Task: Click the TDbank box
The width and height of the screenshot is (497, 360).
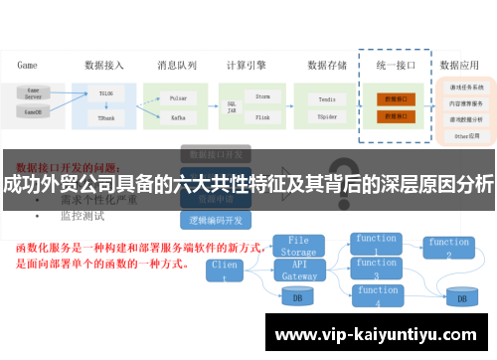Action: click(x=106, y=117)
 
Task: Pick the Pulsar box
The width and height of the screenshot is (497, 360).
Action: click(x=180, y=100)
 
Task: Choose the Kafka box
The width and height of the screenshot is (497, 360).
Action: click(x=180, y=117)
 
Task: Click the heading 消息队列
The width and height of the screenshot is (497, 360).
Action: click(x=177, y=66)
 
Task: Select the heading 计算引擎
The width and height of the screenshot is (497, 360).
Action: click(x=247, y=66)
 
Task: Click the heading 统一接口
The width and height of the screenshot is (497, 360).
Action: click(x=395, y=66)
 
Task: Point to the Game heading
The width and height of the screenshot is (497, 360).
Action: click(x=27, y=66)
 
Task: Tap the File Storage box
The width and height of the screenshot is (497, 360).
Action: click(x=298, y=246)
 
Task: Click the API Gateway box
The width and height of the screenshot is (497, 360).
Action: click(x=298, y=270)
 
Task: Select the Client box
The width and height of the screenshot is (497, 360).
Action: click(x=225, y=270)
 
